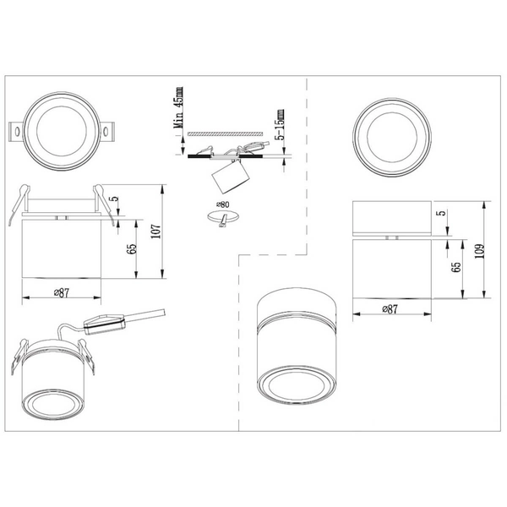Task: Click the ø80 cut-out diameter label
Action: [224, 204]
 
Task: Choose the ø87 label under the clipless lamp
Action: [390, 309]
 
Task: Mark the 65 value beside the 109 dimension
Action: [456, 267]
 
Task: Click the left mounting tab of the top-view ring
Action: [16, 132]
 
